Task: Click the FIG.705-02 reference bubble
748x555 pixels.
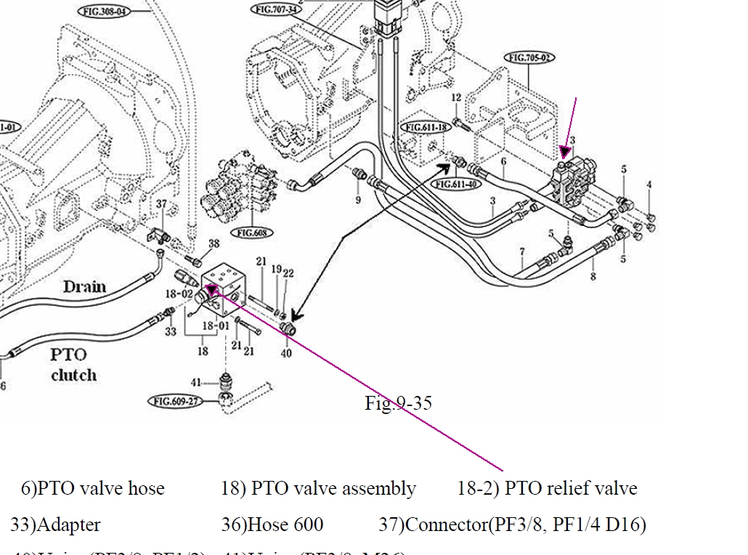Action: coord(530,57)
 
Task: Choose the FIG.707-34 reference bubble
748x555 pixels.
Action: coord(275,9)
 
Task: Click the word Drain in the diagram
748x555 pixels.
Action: coord(84,286)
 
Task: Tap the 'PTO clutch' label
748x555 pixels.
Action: coord(73,365)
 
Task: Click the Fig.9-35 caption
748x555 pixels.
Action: coord(398,402)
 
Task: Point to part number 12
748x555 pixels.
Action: coord(456,98)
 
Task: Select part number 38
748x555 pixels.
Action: coord(214,244)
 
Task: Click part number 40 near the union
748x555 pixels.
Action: coord(286,353)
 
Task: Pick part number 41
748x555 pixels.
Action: coord(196,382)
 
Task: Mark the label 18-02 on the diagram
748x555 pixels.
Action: coord(179,293)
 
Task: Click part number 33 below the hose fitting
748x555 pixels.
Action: coord(170,332)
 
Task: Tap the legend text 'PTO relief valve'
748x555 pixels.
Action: coord(570,488)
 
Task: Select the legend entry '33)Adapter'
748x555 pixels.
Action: coord(56,524)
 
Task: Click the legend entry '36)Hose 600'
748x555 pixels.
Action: coord(272,524)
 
